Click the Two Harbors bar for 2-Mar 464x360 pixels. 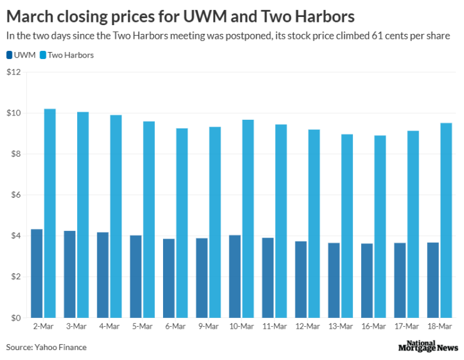50,213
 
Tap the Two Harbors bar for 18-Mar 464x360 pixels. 446,220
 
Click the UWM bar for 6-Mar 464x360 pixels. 169,278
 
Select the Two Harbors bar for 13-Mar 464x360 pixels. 347,226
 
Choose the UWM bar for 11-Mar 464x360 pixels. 268,278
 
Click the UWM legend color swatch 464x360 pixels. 9,55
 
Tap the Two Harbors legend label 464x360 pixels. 70,55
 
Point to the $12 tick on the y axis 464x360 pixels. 14,72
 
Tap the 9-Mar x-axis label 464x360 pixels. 208,327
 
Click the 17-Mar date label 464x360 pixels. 406,327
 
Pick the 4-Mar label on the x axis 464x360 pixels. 109,327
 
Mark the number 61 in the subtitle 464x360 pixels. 367,36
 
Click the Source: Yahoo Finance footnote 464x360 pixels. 46,347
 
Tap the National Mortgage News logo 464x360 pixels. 428,346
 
